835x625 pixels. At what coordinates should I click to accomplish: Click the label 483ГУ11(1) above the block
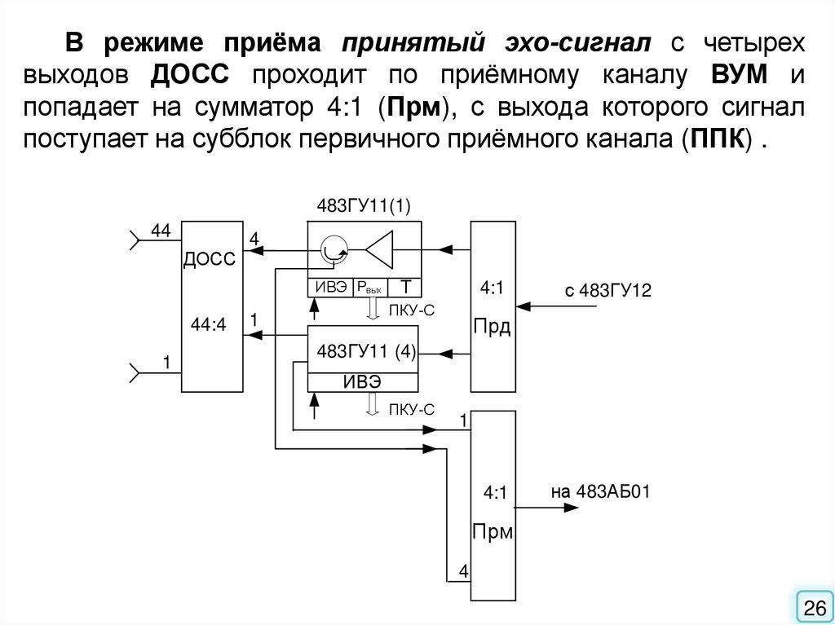tap(364, 207)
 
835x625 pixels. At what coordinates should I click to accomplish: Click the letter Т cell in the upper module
tap(404, 287)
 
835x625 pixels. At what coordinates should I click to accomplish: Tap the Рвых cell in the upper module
tap(369, 288)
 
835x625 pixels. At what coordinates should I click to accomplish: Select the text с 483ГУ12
tap(607, 291)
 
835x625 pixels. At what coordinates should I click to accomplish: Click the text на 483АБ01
tap(599, 491)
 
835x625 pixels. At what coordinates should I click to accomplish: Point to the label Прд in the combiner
tap(493, 328)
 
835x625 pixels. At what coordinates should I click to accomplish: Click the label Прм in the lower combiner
tap(493, 533)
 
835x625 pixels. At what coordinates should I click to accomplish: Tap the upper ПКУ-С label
tap(410, 308)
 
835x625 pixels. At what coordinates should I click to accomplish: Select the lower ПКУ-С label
tap(410, 408)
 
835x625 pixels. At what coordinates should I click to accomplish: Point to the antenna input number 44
tap(160, 231)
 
